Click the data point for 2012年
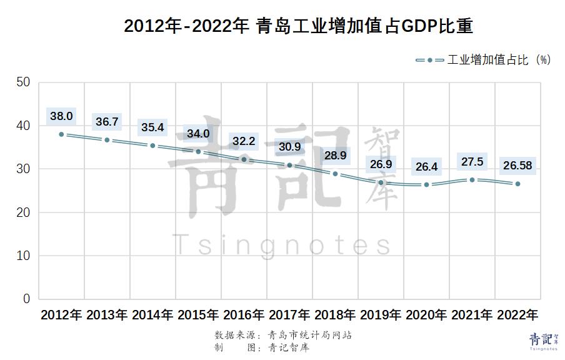(x=61, y=134)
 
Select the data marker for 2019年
(x=381, y=182)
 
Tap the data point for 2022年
(x=517, y=184)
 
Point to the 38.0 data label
(x=61, y=116)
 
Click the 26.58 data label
(x=517, y=165)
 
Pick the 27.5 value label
(x=472, y=161)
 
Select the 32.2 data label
(x=244, y=141)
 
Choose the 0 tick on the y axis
(x=26, y=299)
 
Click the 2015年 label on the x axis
(x=198, y=314)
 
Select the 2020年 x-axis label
(x=426, y=314)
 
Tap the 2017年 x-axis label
(x=289, y=314)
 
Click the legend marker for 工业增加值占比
(x=430, y=60)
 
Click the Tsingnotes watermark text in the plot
(x=281, y=244)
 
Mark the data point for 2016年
(x=244, y=159)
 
